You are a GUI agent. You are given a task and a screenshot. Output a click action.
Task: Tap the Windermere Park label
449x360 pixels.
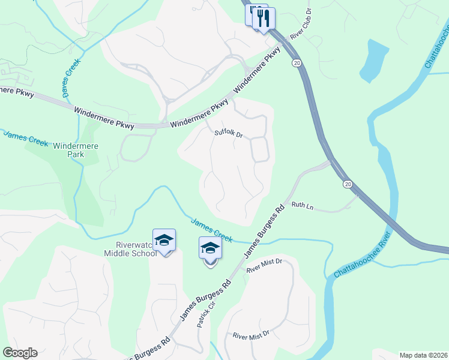click(x=76, y=150)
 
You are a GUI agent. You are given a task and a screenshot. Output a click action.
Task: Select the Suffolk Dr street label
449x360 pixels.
click(x=229, y=134)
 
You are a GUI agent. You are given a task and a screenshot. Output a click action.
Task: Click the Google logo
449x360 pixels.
click(x=20, y=353)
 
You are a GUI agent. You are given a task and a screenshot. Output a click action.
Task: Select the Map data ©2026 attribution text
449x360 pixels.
click(x=423, y=355)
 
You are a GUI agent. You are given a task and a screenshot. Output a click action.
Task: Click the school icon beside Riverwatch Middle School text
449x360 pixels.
click(x=164, y=241)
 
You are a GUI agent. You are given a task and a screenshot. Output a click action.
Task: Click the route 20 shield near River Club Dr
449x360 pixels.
click(x=297, y=62)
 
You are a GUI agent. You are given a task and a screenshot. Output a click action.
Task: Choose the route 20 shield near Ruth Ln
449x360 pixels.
click(x=348, y=184)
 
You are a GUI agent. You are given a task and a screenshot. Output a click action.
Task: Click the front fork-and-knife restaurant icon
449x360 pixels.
click(x=264, y=17)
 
